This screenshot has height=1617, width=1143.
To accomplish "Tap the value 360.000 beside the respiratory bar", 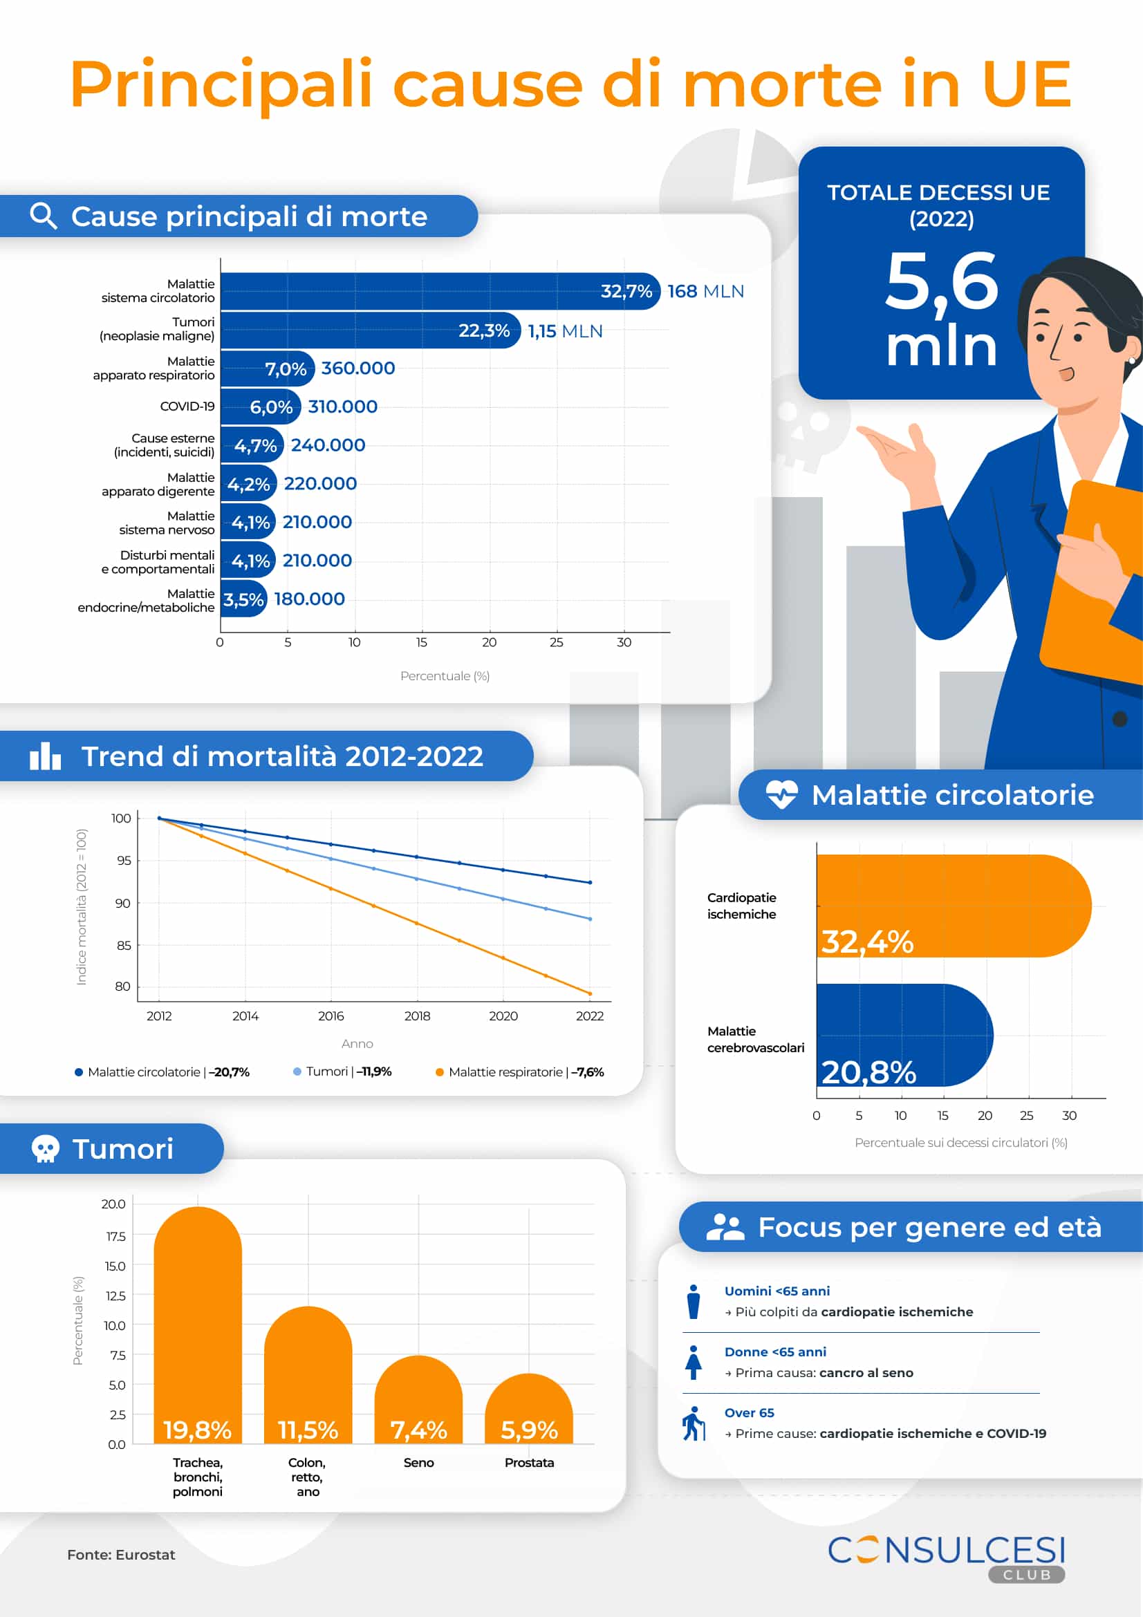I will [357, 368].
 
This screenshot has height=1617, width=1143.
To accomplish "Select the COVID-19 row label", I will [187, 406].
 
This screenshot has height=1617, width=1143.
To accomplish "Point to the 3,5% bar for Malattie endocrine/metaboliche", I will [243, 599].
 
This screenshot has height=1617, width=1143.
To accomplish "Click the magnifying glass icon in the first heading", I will [44, 216].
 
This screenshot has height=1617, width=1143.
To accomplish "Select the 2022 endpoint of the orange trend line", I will [589, 993].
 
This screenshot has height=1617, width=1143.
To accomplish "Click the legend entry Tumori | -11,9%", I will [343, 1071].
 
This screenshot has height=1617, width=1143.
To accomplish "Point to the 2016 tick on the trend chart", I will [331, 1016].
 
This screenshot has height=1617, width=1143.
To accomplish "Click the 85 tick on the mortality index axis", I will [124, 945].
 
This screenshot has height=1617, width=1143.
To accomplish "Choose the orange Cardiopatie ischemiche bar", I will [951, 905].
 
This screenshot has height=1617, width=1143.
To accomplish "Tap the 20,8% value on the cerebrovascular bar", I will [868, 1072].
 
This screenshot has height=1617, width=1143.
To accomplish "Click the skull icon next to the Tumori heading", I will [45, 1149].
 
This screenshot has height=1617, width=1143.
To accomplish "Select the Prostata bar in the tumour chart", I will [529, 1408].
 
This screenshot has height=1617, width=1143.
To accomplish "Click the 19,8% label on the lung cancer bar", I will [197, 1430].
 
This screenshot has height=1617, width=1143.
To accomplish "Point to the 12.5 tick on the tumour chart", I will [115, 1296].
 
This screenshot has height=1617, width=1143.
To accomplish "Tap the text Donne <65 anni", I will [775, 1352].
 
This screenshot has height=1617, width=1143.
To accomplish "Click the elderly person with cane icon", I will [694, 1423].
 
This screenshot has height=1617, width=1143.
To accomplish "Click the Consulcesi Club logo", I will [946, 1558].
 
